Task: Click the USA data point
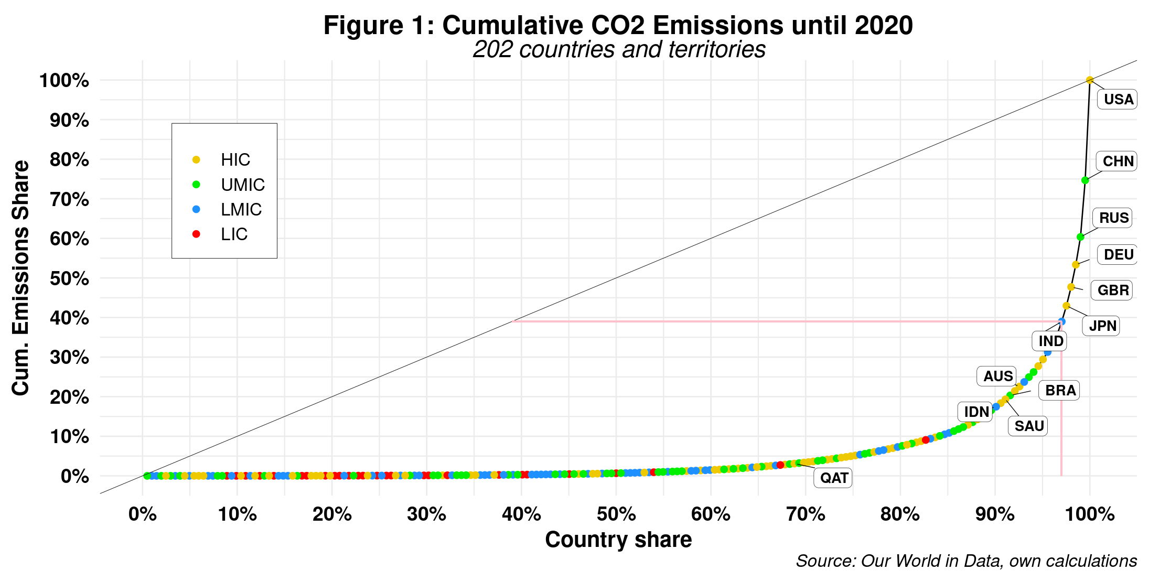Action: (x=1089, y=80)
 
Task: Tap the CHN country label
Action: (x=1118, y=162)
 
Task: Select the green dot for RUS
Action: (x=1080, y=237)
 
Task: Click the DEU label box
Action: (x=1118, y=255)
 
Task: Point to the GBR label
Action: (x=1112, y=290)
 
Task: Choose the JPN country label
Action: (x=1102, y=326)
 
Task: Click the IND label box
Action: (x=1050, y=341)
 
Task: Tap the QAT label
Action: (x=833, y=478)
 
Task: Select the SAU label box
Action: (x=1028, y=426)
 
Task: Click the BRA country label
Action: (x=1060, y=391)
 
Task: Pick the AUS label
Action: (x=997, y=376)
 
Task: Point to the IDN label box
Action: (x=976, y=412)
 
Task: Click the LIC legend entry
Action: (x=233, y=234)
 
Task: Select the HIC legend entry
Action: (x=235, y=160)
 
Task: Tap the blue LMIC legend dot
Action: (x=196, y=209)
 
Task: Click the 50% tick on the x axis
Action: (x=616, y=514)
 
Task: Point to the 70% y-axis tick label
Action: (x=69, y=200)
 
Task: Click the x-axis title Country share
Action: (x=618, y=540)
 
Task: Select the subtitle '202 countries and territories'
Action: (x=619, y=50)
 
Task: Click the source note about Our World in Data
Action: (x=966, y=561)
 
